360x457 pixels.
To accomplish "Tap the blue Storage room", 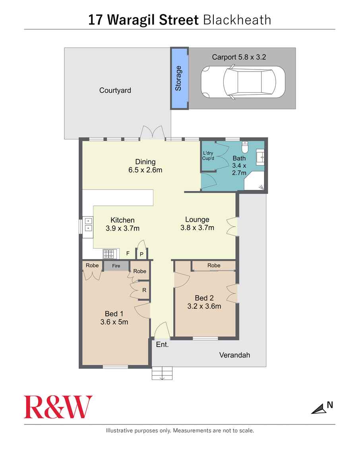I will coord(179,79).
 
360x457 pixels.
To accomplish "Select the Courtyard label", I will coord(115,91).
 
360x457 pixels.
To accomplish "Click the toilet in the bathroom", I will coord(245,148).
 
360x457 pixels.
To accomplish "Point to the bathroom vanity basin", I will coord(261,157).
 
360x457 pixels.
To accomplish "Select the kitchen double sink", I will coord(87,225).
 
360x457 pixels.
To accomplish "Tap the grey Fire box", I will coord(116,266).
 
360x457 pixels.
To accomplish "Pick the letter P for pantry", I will coord(141,254).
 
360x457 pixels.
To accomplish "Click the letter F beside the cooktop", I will coord(128,253).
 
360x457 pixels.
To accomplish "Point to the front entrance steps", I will coord(163,373).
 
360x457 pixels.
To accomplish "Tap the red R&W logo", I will coord(58,407).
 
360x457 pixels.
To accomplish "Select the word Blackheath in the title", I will coord(237,20).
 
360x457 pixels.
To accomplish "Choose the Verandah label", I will coord(235,355).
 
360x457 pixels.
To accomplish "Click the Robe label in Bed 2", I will coord(214,265).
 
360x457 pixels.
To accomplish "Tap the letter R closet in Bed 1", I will coord(144,290).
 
